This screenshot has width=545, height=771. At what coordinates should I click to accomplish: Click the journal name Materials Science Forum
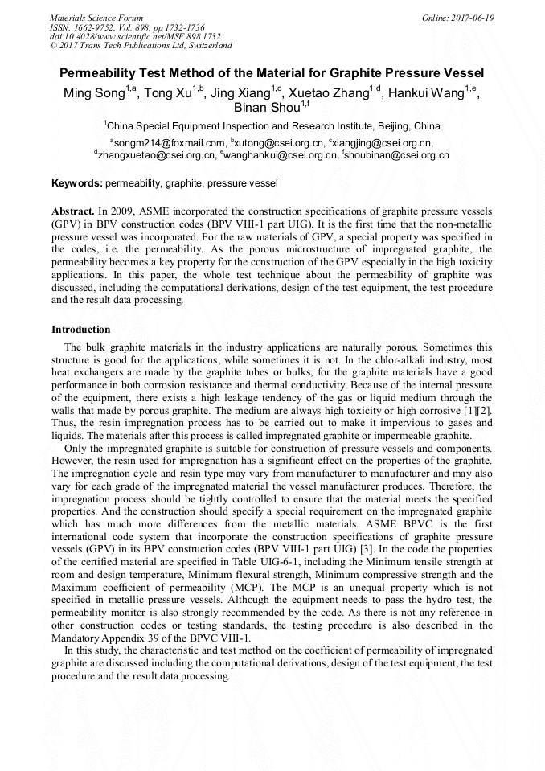(x=96, y=18)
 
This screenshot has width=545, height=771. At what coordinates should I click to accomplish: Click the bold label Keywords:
(x=76, y=183)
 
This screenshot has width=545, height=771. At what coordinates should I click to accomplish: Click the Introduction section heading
(x=81, y=330)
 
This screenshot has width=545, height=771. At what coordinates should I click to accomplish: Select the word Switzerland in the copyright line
(x=206, y=46)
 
